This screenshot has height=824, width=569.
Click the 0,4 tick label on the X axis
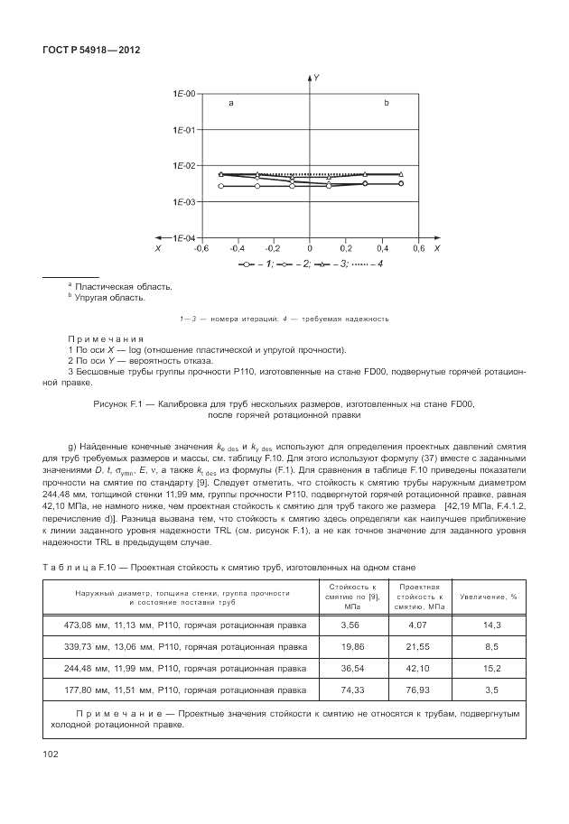click(x=383, y=248)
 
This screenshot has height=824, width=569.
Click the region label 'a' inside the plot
click(x=231, y=105)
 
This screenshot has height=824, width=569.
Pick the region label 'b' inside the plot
click(x=387, y=105)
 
